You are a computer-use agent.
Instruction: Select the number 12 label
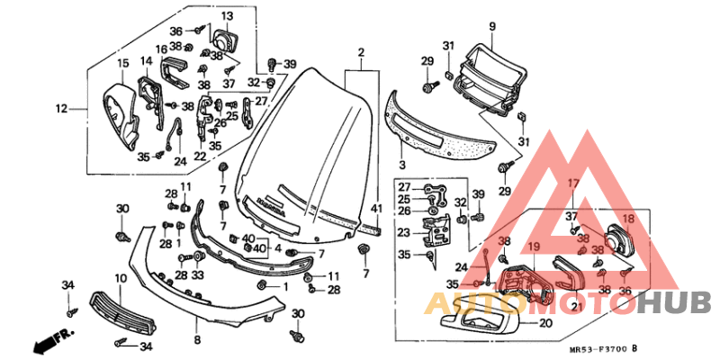[x=61, y=109]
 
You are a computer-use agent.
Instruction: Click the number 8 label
[x=197, y=340]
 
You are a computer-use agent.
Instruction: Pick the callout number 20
[x=545, y=324]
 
